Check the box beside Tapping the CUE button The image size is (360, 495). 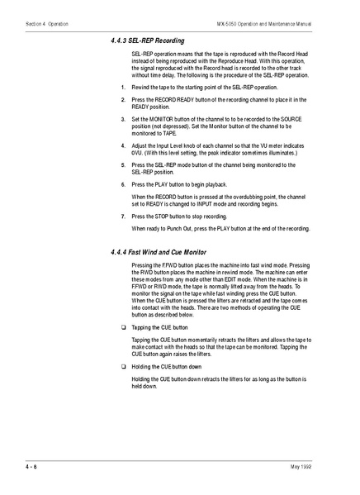122,327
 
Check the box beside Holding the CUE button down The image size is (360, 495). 122,365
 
